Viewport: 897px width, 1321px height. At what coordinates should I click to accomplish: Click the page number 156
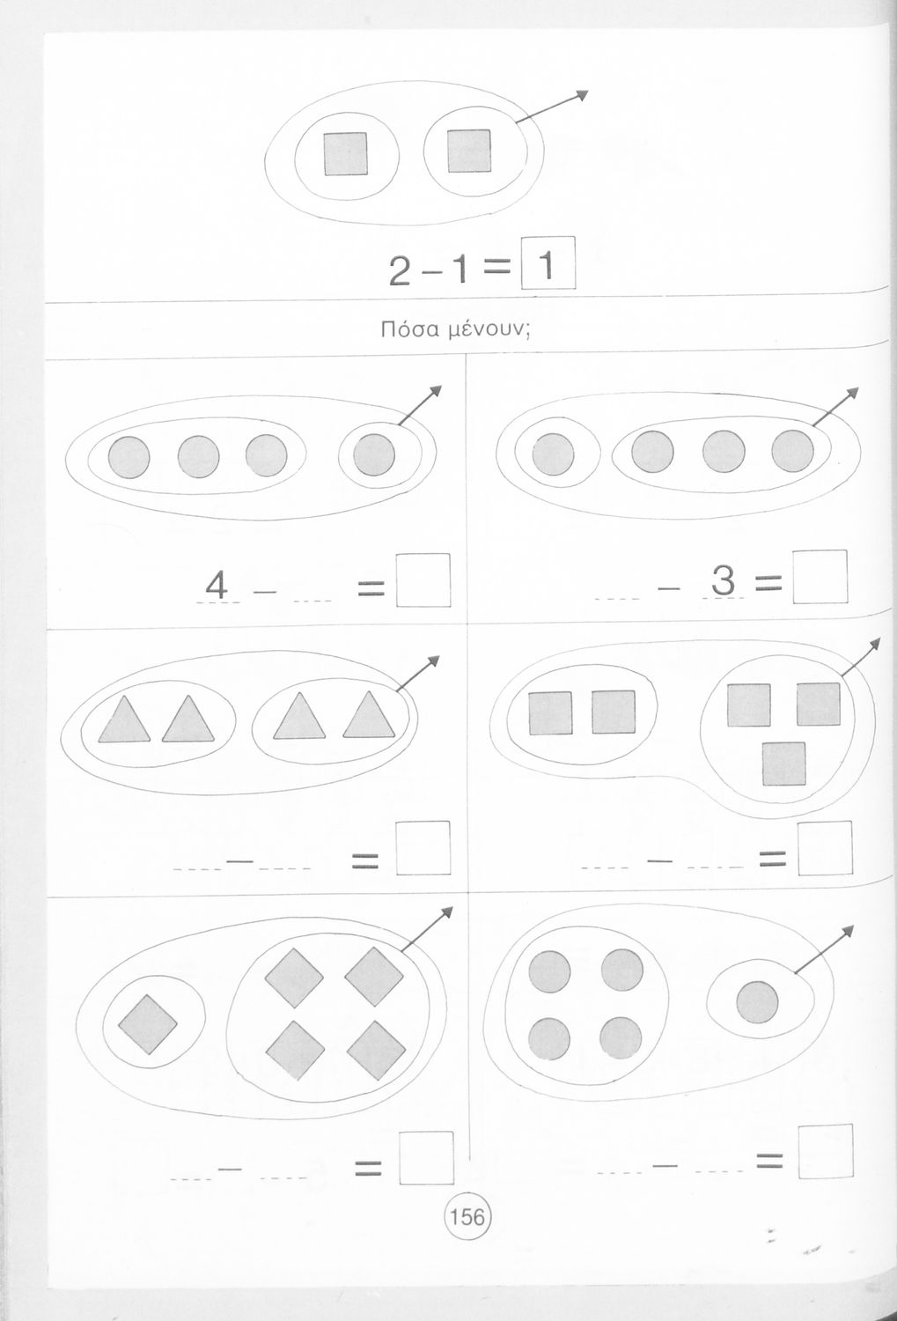pyautogui.click(x=467, y=1216)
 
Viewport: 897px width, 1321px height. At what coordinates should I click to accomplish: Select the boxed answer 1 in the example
pyautogui.click(x=548, y=263)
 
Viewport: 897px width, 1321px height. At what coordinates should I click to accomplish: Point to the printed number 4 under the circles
pyautogui.click(x=217, y=587)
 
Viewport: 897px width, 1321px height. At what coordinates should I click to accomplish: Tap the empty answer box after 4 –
pyautogui.click(x=423, y=579)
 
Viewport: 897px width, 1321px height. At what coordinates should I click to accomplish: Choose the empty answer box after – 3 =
pyautogui.click(x=820, y=577)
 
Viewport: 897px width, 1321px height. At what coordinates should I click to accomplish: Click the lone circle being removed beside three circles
pyautogui.click(x=374, y=454)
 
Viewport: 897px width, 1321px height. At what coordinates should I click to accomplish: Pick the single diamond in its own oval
pyautogui.click(x=147, y=1024)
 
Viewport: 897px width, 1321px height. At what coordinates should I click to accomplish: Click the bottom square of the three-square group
pyautogui.click(x=783, y=764)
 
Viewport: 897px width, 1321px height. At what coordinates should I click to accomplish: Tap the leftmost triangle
pyautogui.click(x=124, y=720)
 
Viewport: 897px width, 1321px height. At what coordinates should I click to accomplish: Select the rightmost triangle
pyautogui.click(x=369, y=715)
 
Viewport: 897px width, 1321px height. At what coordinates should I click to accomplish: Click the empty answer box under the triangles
pyautogui.click(x=423, y=848)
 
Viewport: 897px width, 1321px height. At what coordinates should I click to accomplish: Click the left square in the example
pyautogui.click(x=345, y=153)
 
